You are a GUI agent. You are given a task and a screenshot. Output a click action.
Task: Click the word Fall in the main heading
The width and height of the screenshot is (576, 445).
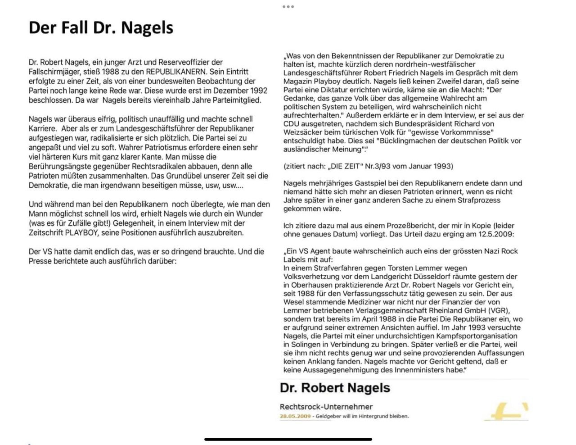[x=75, y=28]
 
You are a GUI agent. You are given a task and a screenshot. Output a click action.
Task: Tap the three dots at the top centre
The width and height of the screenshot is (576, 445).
[x=288, y=7]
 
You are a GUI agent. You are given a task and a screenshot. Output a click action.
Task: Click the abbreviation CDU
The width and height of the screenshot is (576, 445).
[x=292, y=124]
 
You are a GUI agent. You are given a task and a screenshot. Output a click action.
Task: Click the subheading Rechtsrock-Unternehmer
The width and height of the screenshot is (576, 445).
[x=326, y=407]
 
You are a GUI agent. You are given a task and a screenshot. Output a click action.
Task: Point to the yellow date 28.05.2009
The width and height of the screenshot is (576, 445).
[x=295, y=416]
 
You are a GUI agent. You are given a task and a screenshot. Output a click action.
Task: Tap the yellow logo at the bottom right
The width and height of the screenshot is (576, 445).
[x=507, y=412]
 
